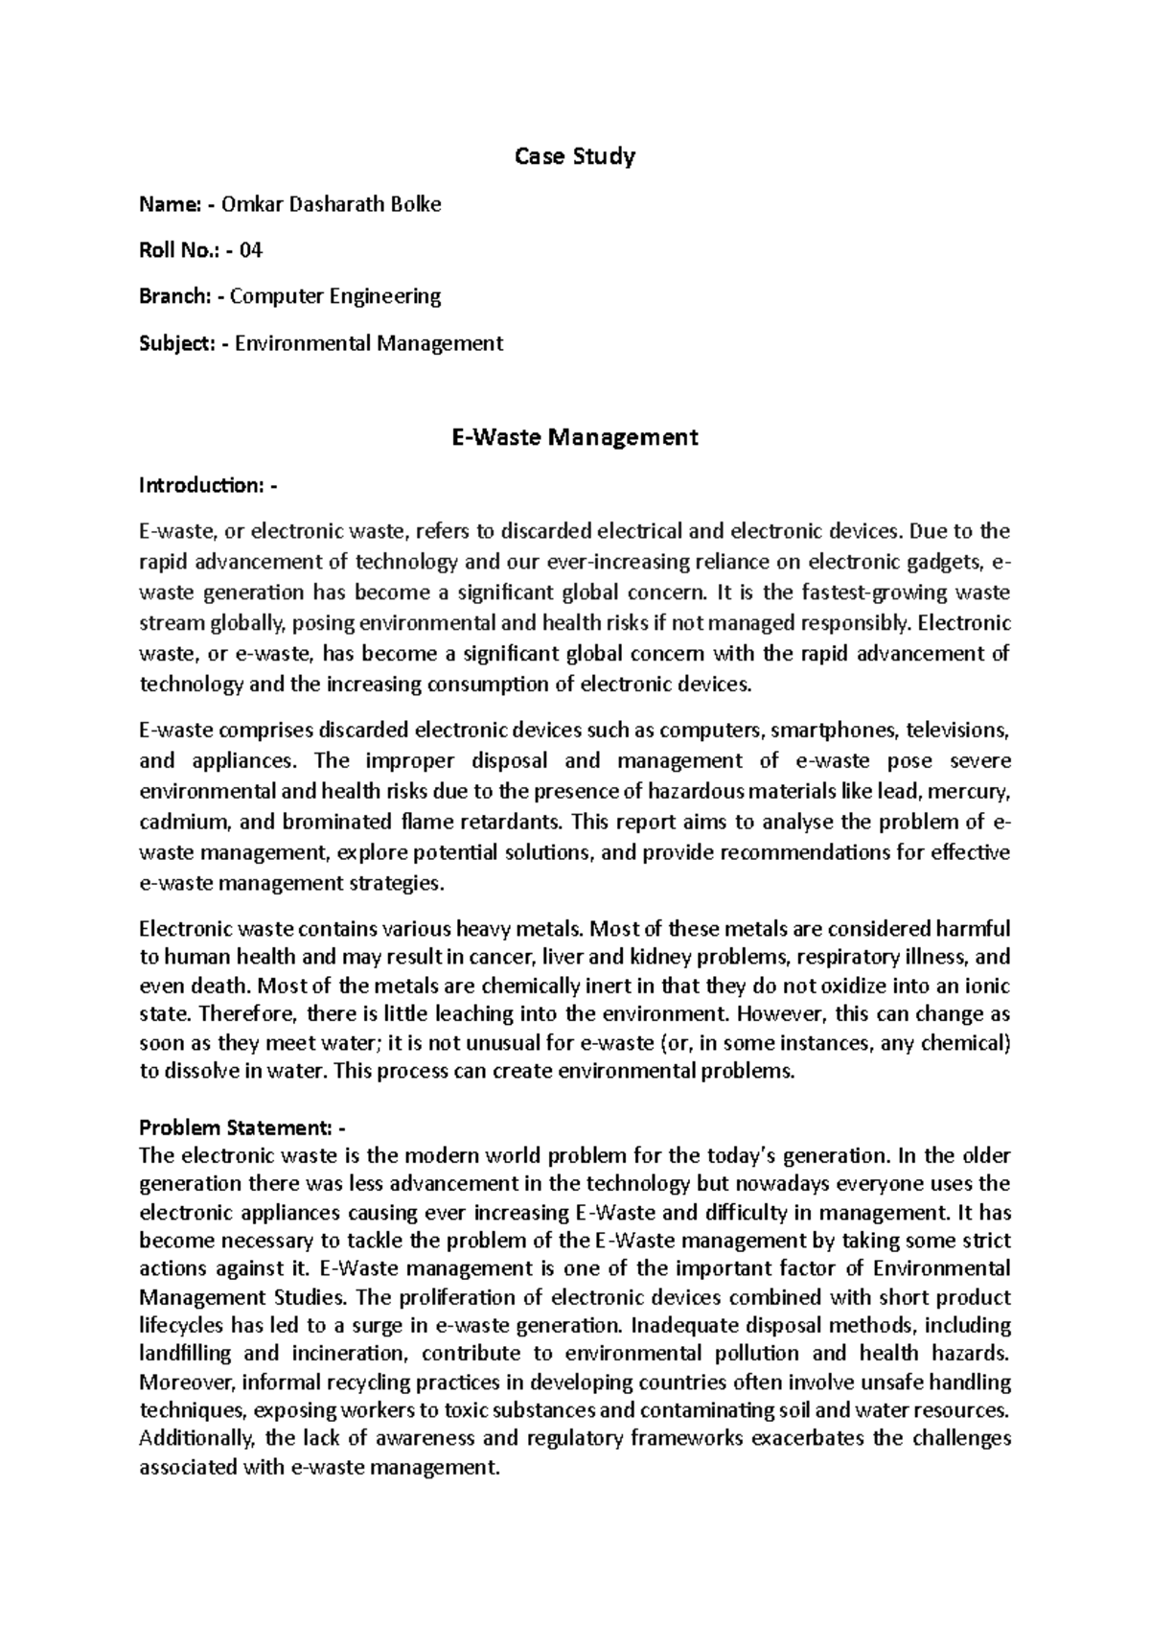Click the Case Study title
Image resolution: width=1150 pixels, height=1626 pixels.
[575, 156]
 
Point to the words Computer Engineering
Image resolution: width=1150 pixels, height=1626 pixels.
[335, 296]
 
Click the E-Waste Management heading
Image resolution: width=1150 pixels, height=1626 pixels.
[575, 437]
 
